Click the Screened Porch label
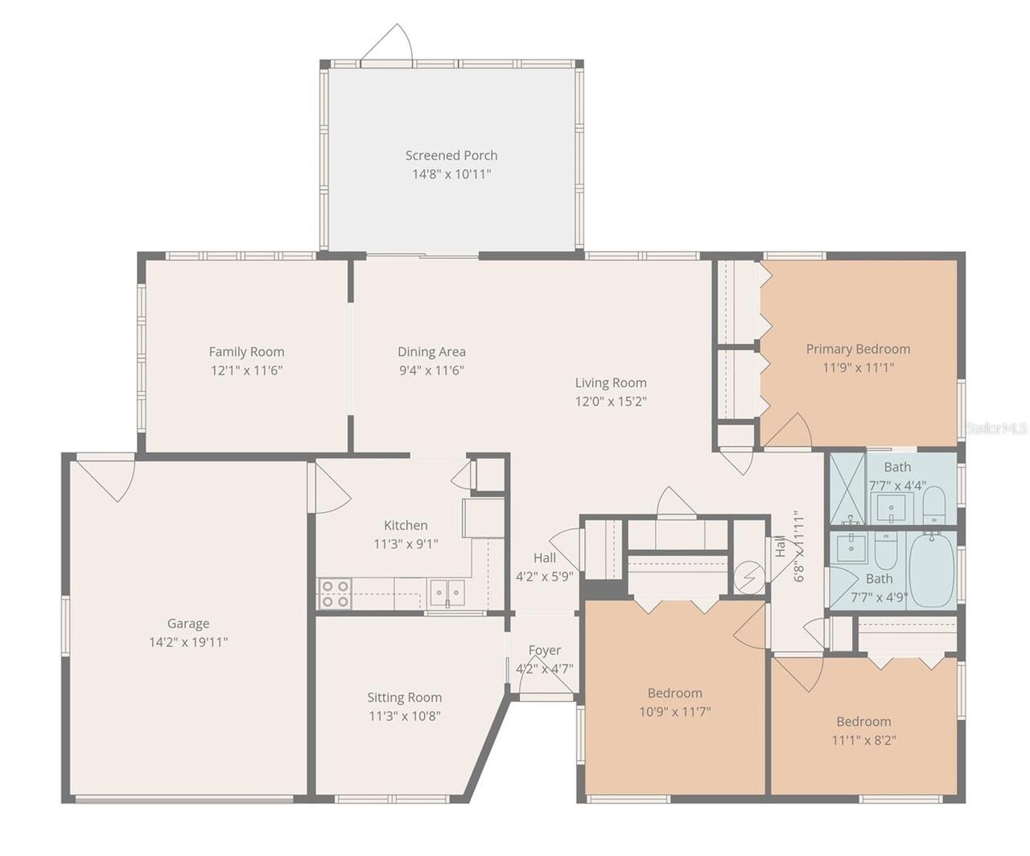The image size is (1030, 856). pos(451,155)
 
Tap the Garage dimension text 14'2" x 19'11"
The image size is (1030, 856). pos(188,643)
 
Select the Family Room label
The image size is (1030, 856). pos(246,351)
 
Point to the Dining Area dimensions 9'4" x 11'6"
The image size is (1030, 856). pos(431,370)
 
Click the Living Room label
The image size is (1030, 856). pos(611,383)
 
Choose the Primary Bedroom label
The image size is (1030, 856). pos(858,349)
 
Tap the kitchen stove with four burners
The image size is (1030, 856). pos(335,593)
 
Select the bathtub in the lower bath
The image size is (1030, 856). pos(931,570)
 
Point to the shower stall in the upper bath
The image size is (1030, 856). pos(847,488)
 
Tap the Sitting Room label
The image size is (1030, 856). pos(404,697)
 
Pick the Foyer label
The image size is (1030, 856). pos(545,650)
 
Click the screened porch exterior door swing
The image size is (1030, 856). pos(389,43)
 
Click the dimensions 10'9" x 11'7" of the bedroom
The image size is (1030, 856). pos(675,712)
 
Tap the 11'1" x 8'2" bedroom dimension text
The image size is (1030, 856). pos(863,741)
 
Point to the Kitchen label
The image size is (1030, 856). pos(406,525)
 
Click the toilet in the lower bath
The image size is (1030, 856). pos(885,552)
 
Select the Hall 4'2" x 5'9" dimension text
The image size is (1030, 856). pos(545,577)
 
